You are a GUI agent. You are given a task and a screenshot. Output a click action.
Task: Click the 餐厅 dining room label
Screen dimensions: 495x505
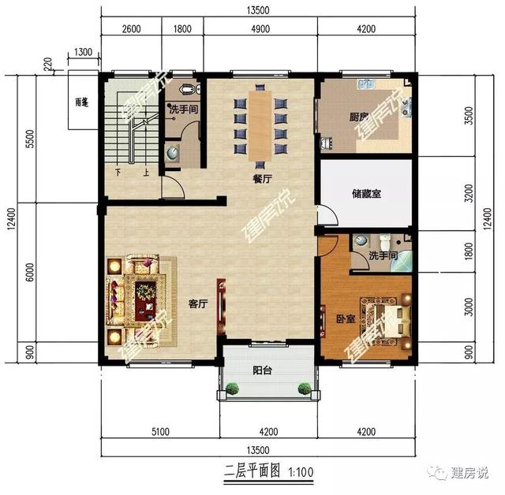[262, 178]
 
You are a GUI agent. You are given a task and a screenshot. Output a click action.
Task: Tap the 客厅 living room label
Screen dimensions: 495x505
[197, 303]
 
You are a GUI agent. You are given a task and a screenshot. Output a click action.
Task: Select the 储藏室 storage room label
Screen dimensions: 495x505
[365, 193]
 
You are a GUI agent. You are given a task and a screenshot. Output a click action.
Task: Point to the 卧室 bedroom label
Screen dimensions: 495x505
[345, 319]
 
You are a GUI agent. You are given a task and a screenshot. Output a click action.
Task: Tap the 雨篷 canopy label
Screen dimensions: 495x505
[80, 102]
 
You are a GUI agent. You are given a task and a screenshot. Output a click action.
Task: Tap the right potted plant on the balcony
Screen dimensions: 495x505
[304, 387]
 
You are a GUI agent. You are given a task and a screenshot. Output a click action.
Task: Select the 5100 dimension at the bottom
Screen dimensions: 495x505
[160, 431]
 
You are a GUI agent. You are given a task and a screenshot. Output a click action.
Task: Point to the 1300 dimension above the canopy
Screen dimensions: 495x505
[83, 53]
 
